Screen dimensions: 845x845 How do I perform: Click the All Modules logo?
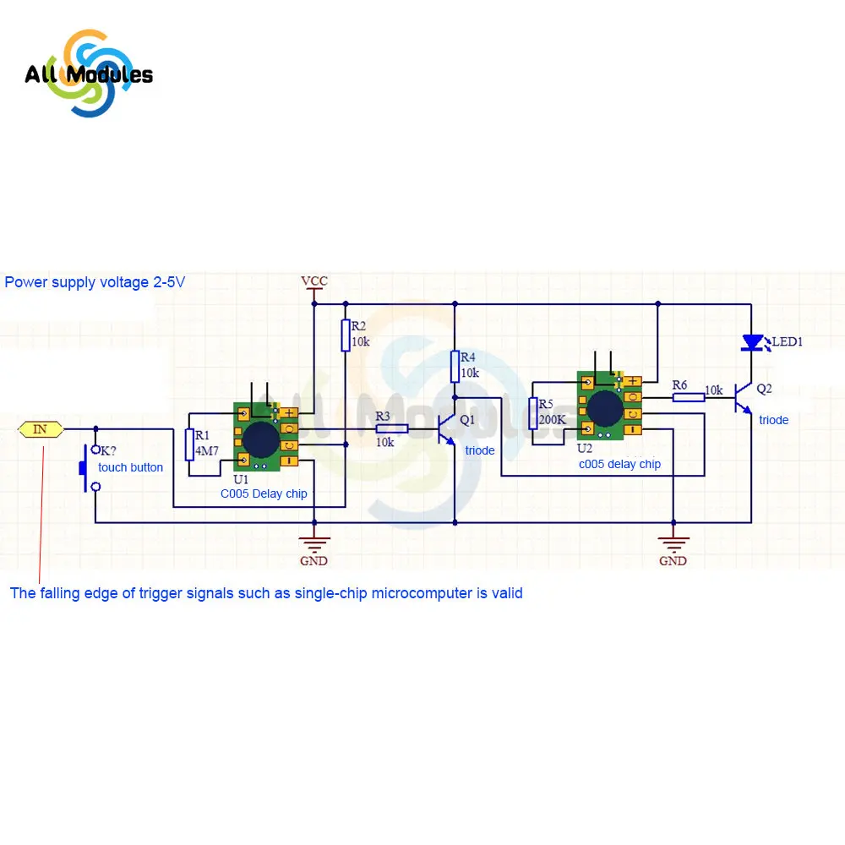88,74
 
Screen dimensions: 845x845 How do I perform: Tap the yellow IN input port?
41,429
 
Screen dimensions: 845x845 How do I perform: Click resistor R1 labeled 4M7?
189,444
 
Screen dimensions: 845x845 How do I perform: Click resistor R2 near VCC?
346,335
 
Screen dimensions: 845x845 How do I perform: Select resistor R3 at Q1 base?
392,429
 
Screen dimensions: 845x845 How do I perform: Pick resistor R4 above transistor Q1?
455,368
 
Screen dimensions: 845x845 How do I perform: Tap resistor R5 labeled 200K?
533,413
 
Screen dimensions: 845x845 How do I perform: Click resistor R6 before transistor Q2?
688,397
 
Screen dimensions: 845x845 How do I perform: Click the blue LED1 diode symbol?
752,342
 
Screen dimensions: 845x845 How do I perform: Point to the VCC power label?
313,281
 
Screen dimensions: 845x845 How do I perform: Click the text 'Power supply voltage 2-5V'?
95,282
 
